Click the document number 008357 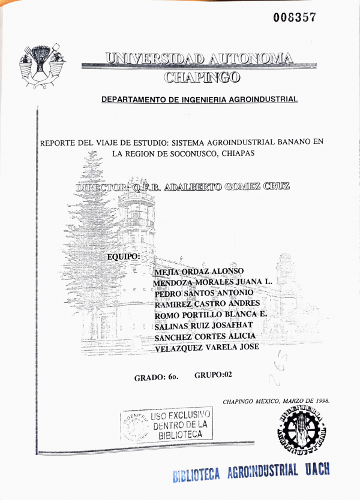[294, 17]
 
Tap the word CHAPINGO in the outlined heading [202, 77]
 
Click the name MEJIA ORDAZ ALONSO [196, 271]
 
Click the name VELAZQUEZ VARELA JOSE [206, 348]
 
